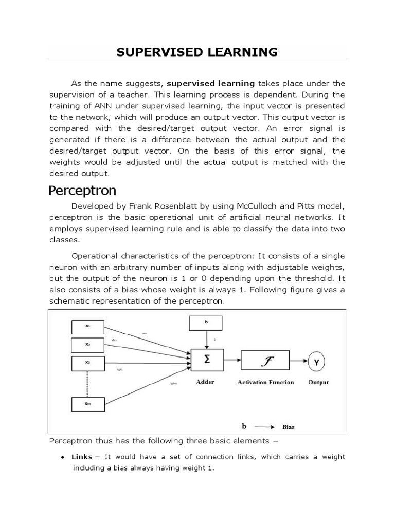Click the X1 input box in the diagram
(87, 326)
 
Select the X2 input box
(87, 344)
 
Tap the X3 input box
(87, 362)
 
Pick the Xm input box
(87, 404)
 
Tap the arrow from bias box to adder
(206, 340)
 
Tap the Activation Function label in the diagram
(266, 382)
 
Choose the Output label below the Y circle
(318, 382)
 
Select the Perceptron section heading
(82, 191)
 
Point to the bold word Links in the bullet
(82, 457)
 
